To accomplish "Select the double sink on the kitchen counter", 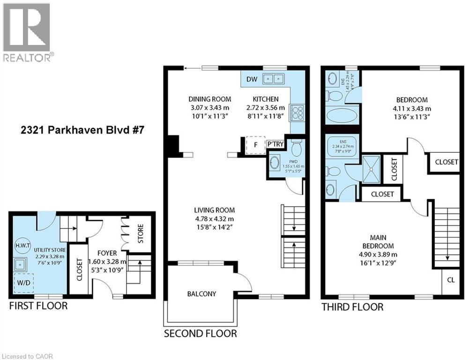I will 275,79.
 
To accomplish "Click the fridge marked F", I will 255,145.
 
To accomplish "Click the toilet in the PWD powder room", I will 296,150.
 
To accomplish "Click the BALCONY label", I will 201,294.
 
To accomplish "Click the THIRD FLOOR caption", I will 352,307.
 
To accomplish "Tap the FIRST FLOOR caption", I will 38,306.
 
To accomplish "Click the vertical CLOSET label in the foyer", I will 79,270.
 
